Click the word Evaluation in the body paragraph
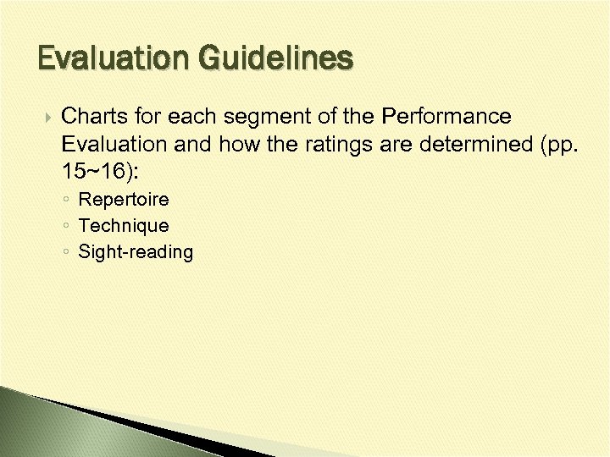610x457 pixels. coord(118,144)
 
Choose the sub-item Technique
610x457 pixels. coord(124,226)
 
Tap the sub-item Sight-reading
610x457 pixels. coord(136,252)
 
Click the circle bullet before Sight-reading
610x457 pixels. coord(66,252)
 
